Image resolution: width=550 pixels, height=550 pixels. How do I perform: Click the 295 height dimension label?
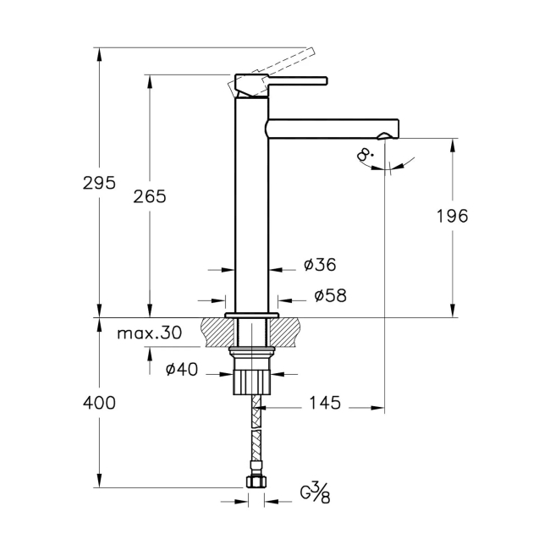(99, 183)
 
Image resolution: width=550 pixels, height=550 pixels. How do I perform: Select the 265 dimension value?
(150, 196)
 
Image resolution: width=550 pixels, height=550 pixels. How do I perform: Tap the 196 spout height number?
(453, 215)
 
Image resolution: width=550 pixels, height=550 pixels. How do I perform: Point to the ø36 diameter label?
(320, 265)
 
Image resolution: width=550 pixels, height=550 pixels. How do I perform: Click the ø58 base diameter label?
(330, 295)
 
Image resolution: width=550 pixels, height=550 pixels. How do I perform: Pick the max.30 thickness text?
(149, 333)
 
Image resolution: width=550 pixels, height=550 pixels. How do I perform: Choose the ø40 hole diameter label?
(181, 369)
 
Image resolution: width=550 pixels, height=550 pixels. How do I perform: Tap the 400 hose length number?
(100, 403)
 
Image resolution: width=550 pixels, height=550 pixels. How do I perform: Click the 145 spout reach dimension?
(324, 404)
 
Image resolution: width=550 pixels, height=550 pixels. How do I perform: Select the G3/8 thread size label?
(315, 492)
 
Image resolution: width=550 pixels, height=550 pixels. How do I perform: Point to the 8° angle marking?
(366, 155)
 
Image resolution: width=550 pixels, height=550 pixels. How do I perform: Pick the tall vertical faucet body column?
(251, 203)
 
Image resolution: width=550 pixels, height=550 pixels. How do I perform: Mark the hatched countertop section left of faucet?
(215, 331)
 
